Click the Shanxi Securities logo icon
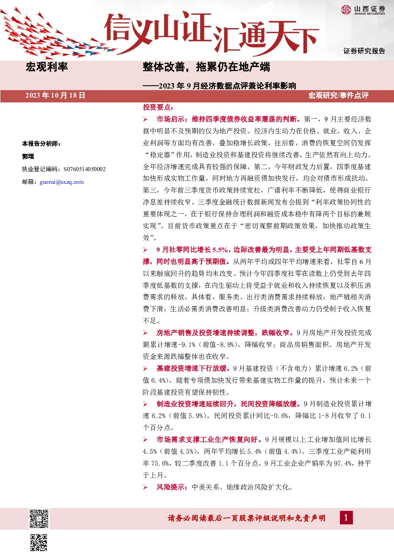pos(346,10)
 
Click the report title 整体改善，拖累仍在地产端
pos(206,67)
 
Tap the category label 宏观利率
pos(47,67)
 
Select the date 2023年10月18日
pos(55,96)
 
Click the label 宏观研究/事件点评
pos(338,96)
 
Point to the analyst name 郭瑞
pos(28,156)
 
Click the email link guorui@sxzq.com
pos(62,182)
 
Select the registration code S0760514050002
pos(85,170)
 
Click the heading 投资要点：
pos(158,108)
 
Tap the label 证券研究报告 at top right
pos(364,51)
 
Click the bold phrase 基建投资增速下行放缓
pos(191,368)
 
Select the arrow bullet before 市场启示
pos(145,119)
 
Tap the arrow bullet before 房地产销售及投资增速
pos(145,333)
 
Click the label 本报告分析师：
pos(41,144)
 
